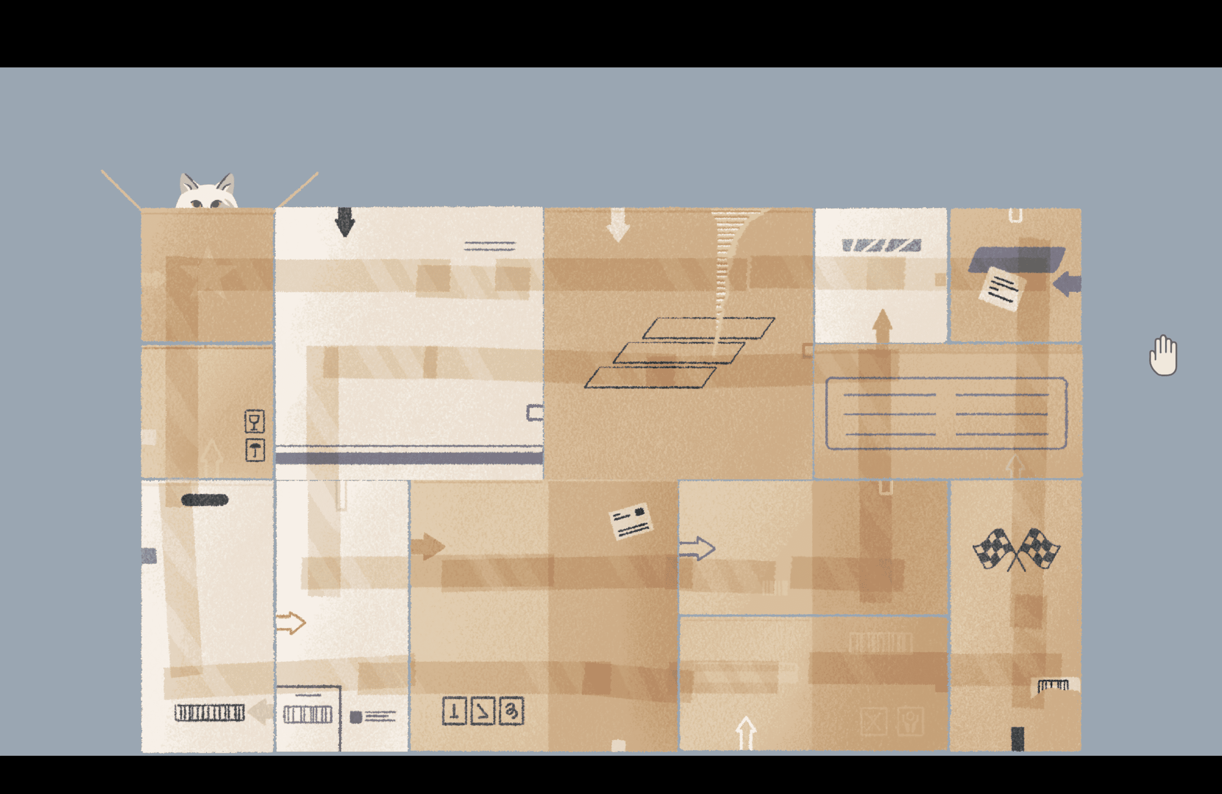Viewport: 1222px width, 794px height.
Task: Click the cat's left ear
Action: (x=188, y=184)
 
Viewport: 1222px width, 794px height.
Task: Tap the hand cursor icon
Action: (x=1163, y=356)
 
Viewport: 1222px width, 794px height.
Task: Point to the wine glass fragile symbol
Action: (x=254, y=421)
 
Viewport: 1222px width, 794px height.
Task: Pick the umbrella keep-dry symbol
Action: (x=255, y=450)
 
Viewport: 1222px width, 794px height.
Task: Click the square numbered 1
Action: (x=454, y=711)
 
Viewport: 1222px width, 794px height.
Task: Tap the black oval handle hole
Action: (x=204, y=500)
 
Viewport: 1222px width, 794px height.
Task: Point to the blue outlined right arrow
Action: (x=697, y=548)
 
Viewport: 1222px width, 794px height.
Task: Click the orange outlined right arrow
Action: (x=291, y=623)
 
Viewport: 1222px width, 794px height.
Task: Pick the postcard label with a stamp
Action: (x=630, y=521)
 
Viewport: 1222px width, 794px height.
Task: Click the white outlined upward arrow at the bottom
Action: (x=745, y=733)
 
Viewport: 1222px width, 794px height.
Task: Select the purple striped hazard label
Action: (x=881, y=246)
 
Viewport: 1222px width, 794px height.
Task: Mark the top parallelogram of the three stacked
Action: (x=708, y=328)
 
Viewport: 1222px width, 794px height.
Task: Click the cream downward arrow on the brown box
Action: (x=618, y=224)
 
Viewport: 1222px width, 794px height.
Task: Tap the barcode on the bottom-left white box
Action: (x=209, y=713)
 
